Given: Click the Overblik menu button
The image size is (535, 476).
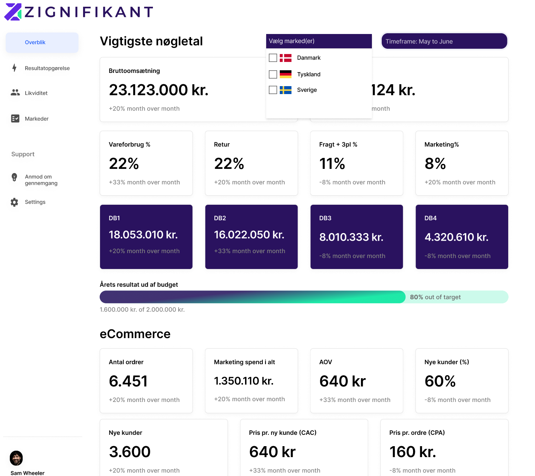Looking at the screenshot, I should (x=42, y=43).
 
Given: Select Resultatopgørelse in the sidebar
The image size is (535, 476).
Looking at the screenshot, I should (x=47, y=68).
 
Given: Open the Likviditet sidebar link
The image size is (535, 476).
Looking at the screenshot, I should (x=36, y=93).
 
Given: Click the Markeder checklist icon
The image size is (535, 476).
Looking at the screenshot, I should (x=15, y=119).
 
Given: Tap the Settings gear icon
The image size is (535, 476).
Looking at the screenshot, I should (x=14, y=202).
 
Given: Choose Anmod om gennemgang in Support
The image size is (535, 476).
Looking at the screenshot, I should (x=41, y=180).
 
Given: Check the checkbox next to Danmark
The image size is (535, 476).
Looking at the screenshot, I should (x=273, y=58).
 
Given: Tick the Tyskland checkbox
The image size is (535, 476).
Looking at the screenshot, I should (x=273, y=74).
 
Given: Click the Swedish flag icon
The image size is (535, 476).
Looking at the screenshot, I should (x=285, y=90).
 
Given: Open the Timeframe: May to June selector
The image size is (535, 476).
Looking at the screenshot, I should (x=444, y=41).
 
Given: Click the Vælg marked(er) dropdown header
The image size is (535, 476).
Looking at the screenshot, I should (x=319, y=41).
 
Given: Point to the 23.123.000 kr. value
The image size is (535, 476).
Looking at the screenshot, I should (x=159, y=90).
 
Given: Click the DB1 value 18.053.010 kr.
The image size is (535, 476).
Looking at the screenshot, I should (x=143, y=235).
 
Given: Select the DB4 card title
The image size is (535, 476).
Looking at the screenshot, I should (x=430, y=218).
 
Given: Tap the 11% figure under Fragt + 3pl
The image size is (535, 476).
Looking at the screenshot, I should (x=332, y=164).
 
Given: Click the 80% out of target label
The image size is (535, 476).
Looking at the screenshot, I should (x=435, y=297).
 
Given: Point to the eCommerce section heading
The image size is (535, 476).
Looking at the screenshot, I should (x=135, y=334).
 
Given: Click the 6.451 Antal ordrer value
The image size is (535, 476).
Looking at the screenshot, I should (x=128, y=381).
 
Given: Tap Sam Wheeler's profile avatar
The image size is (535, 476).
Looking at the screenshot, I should (x=16, y=458).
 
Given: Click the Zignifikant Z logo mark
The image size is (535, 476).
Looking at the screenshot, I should (x=13, y=12).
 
